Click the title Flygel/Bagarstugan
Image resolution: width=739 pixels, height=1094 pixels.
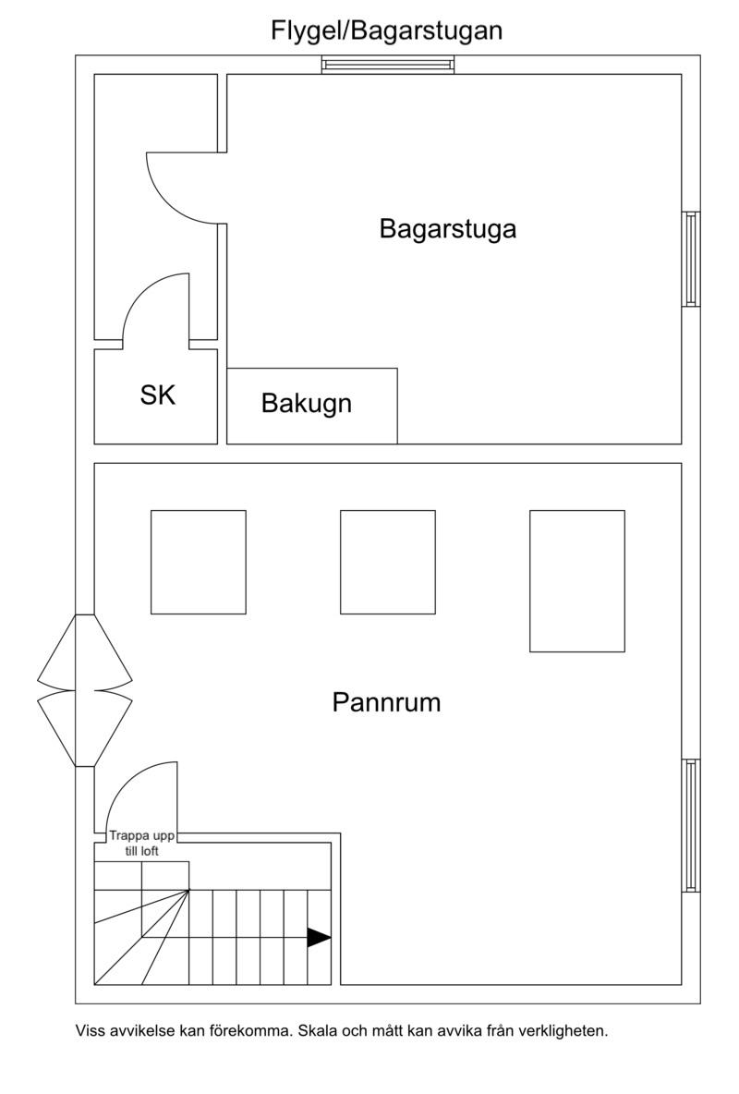click(x=387, y=31)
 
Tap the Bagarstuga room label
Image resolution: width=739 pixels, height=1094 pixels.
click(x=448, y=229)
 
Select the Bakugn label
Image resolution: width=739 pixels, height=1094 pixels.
click(x=307, y=403)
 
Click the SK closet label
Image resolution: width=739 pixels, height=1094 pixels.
click(x=158, y=395)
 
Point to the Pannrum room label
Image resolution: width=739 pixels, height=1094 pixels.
click(x=387, y=702)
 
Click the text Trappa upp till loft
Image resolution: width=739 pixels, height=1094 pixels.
click(x=141, y=843)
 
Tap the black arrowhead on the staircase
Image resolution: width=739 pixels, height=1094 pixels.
click(x=319, y=938)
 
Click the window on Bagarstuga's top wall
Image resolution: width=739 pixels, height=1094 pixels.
click(x=388, y=65)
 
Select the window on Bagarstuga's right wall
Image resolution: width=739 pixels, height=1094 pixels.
click(x=691, y=259)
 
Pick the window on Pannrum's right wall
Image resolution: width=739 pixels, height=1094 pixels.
click(x=691, y=825)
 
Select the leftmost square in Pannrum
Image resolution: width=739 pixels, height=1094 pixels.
click(x=199, y=563)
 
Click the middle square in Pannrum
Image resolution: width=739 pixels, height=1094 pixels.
click(x=388, y=563)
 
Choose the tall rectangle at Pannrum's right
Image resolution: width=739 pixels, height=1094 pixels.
click(x=577, y=581)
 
